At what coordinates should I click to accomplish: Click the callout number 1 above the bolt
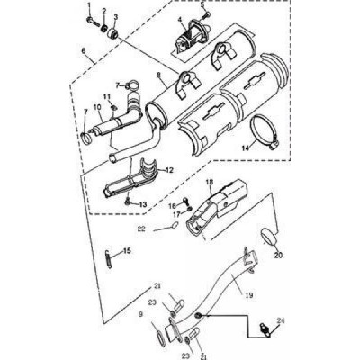coord(88,4)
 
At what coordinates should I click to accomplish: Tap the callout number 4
coord(180,20)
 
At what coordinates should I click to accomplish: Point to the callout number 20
coord(278,256)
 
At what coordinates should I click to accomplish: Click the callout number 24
coord(280,321)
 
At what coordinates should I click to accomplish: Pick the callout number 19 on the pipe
coord(248,295)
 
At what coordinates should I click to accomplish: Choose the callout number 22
coord(141,229)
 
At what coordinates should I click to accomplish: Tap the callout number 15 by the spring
coord(126,250)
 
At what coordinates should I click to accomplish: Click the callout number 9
coord(140,315)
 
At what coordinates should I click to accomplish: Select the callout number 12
coord(169,170)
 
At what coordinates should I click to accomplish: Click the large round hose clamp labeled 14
coord(263,131)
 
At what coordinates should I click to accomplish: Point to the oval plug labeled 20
coord(268,236)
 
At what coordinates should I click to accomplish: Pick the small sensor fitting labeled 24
coord(264,328)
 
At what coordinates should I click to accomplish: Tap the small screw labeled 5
coord(207,14)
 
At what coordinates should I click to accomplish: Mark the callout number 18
coord(210,182)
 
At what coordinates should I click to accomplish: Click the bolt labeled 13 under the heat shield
coord(128,202)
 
